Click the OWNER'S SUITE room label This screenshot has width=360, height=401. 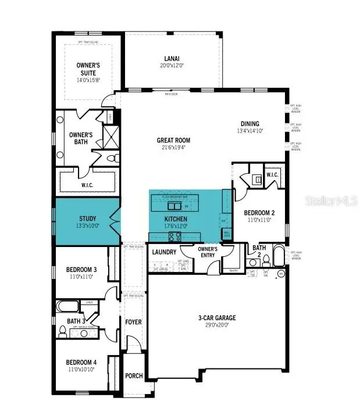point(88,69)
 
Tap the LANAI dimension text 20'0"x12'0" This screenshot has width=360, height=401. point(172,66)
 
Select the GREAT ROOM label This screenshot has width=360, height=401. point(173,140)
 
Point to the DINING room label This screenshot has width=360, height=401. point(250,124)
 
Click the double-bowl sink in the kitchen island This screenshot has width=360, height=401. point(174,206)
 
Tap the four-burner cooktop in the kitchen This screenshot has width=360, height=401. point(174,236)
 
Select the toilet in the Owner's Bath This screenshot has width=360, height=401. point(114,157)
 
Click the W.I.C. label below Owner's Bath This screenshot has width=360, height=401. point(87,185)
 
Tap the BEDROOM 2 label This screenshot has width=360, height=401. point(260,213)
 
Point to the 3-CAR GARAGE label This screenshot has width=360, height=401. point(216,318)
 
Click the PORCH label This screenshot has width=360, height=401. point(134,375)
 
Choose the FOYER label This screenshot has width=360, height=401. point(134,321)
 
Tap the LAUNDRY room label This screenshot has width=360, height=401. point(164,252)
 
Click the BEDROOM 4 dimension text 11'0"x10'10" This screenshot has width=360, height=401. point(82,369)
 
